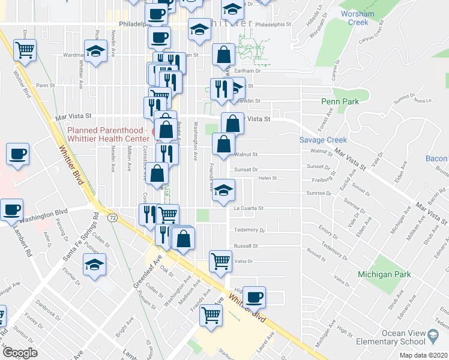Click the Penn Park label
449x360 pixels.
[x=340, y=101]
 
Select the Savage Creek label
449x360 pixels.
[x=324, y=140]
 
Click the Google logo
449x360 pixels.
[x=20, y=353]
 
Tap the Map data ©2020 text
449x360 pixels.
[x=423, y=355]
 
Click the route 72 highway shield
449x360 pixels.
[x=112, y=214]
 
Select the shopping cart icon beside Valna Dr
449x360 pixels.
[x=220, y=260]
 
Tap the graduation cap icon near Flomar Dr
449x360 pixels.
[x=95, y=265]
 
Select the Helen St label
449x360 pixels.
[x=267, y=178]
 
